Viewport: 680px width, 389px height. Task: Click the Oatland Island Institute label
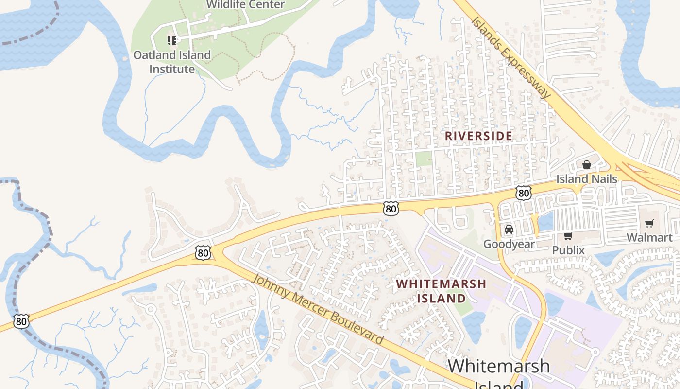[172, 62]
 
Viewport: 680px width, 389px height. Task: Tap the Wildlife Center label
[245, 5]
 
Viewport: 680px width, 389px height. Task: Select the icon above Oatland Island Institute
[171, 40]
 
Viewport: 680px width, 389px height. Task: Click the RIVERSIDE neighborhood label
[478, 136]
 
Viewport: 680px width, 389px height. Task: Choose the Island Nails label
[587, 179]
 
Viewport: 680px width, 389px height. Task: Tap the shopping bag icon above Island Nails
[587, 165]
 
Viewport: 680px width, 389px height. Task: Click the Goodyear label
[509, 244]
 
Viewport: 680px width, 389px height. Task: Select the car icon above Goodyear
[509, 230]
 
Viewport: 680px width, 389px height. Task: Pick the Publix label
[568, 250]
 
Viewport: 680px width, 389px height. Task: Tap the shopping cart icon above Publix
[568, 236]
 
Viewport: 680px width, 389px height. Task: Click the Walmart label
[649, 237]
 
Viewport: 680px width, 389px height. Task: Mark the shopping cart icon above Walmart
[649, 224]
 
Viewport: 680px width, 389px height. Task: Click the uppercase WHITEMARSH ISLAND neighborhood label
[441, 291]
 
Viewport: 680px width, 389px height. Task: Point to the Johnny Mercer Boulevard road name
[319, 310]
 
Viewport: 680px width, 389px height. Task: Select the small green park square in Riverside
[424, 158]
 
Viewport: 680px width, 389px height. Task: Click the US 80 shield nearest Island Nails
[524, 193]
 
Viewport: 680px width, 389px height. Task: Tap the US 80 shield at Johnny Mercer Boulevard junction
[204, 253]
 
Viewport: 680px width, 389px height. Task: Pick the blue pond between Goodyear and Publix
[545, 221]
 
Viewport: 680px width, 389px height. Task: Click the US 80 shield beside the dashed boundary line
[21, 321]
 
